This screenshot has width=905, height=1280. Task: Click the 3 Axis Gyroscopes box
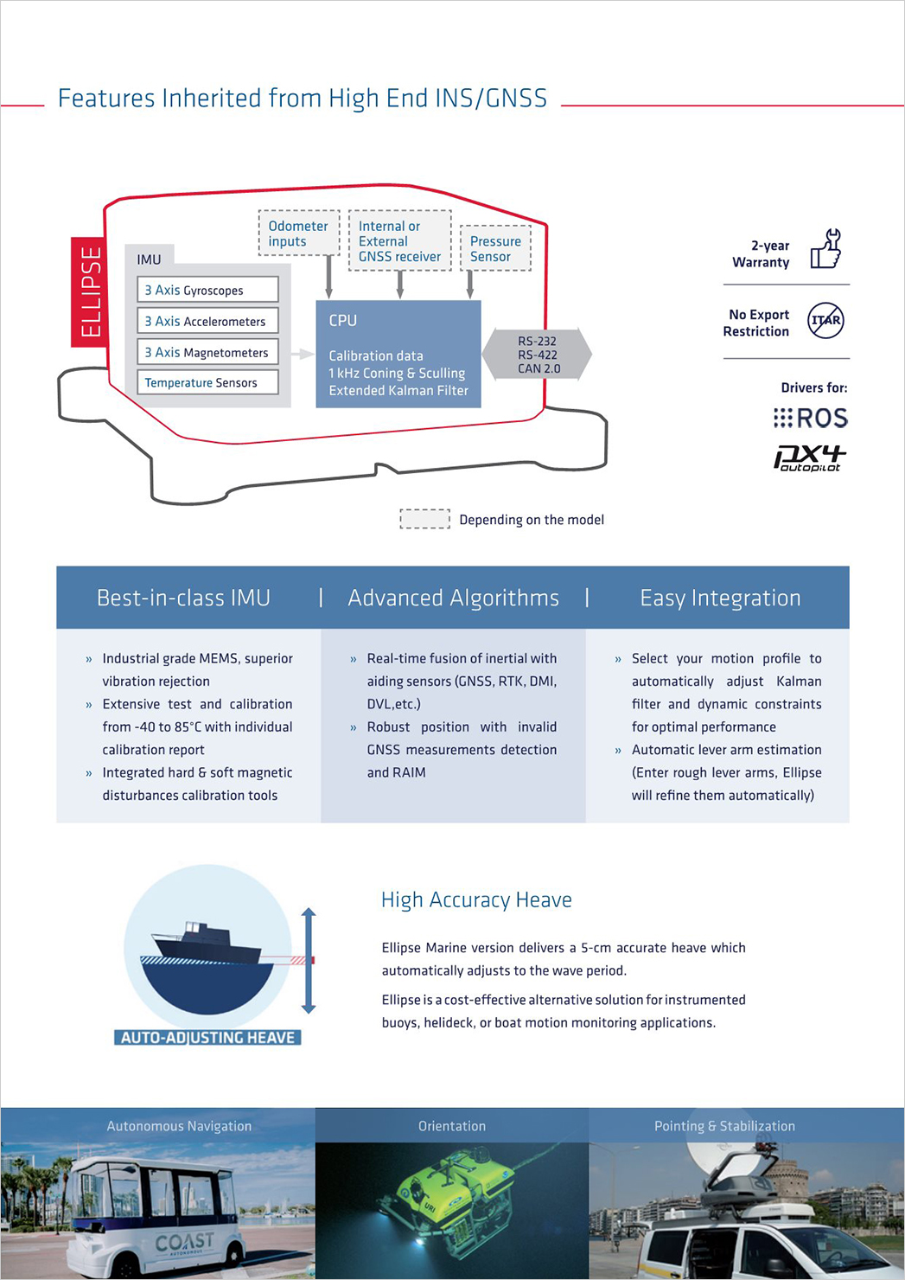pyautogui.click(x=207, y=290)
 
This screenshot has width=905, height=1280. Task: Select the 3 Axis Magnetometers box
pyautogui.click(x=207, y=352)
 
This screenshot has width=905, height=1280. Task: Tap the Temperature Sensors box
pyautogui.click(x=207, y=382)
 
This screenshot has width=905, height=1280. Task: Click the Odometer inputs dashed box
pyautogui.click(x=299, y=234)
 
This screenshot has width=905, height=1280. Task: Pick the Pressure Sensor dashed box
pyautogui.click(x=495, y=248)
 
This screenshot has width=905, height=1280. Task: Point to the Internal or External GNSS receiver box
pyautogui.click(x=399, y=240)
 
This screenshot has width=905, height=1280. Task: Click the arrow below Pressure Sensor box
pyautogui.click(x=470, y=285)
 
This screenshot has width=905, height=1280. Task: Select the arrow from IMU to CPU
pyautogui.click(x=303, y=355)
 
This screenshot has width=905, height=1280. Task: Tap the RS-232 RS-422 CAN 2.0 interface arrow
pyautogui.click(x=537, y=355)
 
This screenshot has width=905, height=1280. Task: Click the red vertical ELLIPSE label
pyautogui.click(x=90, y=291)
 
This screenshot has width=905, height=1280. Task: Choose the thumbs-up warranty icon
pyautogui.click(x=826, y=248)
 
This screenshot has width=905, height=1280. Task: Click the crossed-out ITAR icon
pyautogui.click(x=825, y=321)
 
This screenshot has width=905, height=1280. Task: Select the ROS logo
pyautogui.click(x=811, y=418)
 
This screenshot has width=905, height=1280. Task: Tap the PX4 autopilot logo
pyautogui.click(x=810, y=458)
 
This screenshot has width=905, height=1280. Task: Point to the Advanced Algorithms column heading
pyautogui.click(x=453, y=598)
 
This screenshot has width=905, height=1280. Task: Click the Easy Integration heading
pyautogui.click(x=720, y=598)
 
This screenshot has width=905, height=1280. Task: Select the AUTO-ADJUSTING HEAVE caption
pyautogui.click(x=207, y=1037)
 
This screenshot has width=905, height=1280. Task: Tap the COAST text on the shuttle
pyautogui.click(x=184, y=1241)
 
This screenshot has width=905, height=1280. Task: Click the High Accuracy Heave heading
pyautogui.click(x=476, y=900)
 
